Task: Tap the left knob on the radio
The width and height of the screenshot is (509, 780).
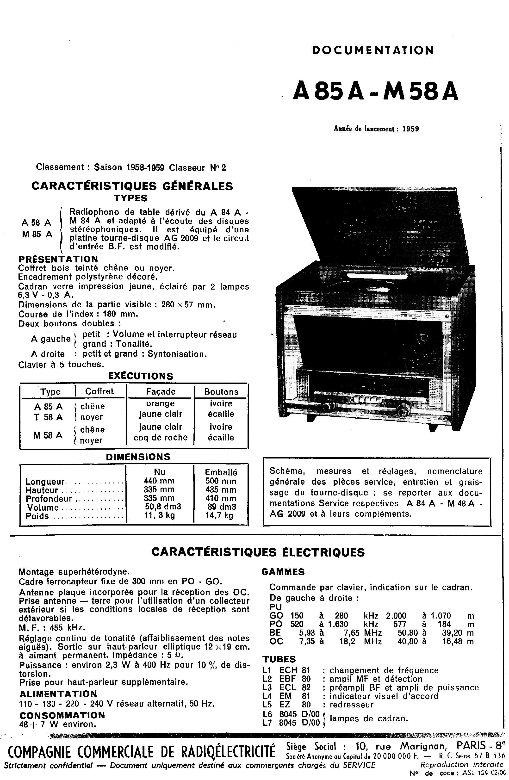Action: [x=327, y=406]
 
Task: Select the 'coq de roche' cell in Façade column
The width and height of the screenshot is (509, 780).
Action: [x=160, y=438]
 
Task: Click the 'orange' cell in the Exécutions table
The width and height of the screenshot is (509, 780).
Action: [x=160, y=403]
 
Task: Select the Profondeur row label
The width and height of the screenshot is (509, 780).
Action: [x=49, y=498]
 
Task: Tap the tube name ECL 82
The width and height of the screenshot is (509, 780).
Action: [x=295, y=687]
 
